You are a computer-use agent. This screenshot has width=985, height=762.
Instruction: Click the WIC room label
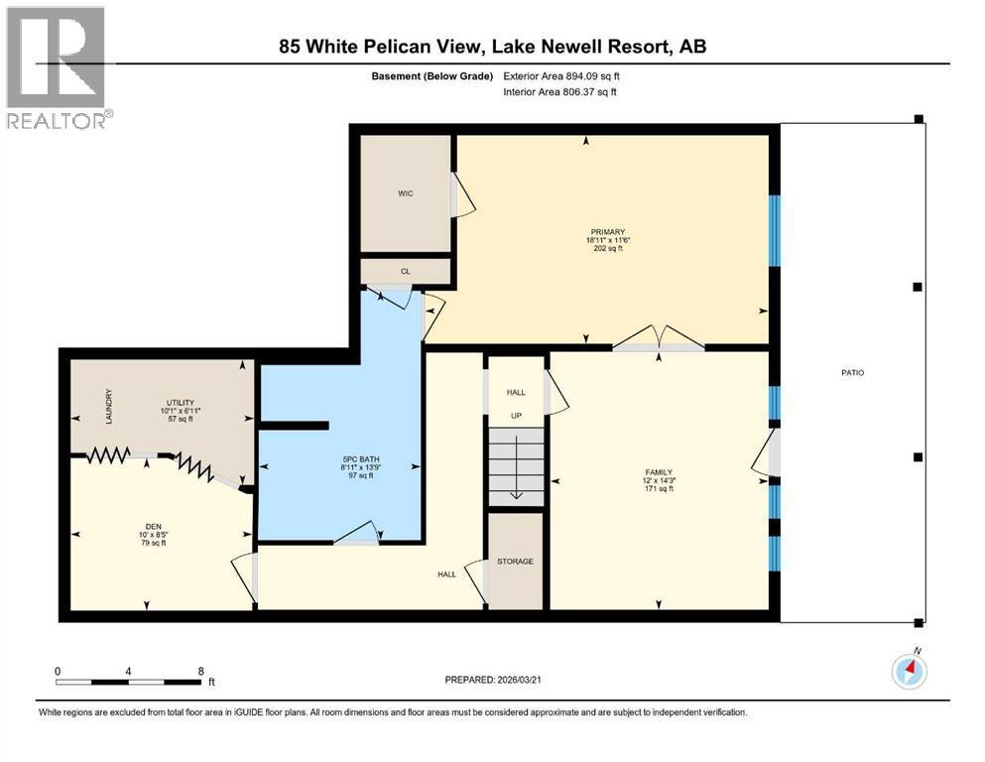(405, 193)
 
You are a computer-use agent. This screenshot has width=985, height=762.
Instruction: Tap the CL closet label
(405, 270)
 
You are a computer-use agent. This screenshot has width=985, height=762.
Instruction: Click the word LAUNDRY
(108, 405)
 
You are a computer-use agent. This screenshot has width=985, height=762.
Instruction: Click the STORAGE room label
(515, 562)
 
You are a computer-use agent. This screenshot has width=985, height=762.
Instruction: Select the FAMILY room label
(659, 472)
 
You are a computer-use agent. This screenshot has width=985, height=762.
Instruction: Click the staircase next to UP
(516, 464)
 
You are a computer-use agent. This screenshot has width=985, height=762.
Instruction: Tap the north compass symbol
(909, 672)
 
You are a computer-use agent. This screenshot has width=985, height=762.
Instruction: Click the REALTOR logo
(58, 68)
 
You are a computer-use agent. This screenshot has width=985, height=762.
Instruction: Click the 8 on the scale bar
(200, 671)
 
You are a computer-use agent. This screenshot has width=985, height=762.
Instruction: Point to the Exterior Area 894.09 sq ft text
(561, 75)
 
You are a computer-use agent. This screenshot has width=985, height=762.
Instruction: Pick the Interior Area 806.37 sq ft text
(560, 91)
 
